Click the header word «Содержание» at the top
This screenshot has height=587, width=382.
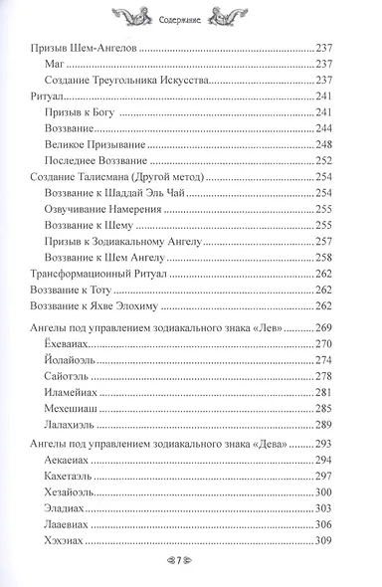click(190, 18)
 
